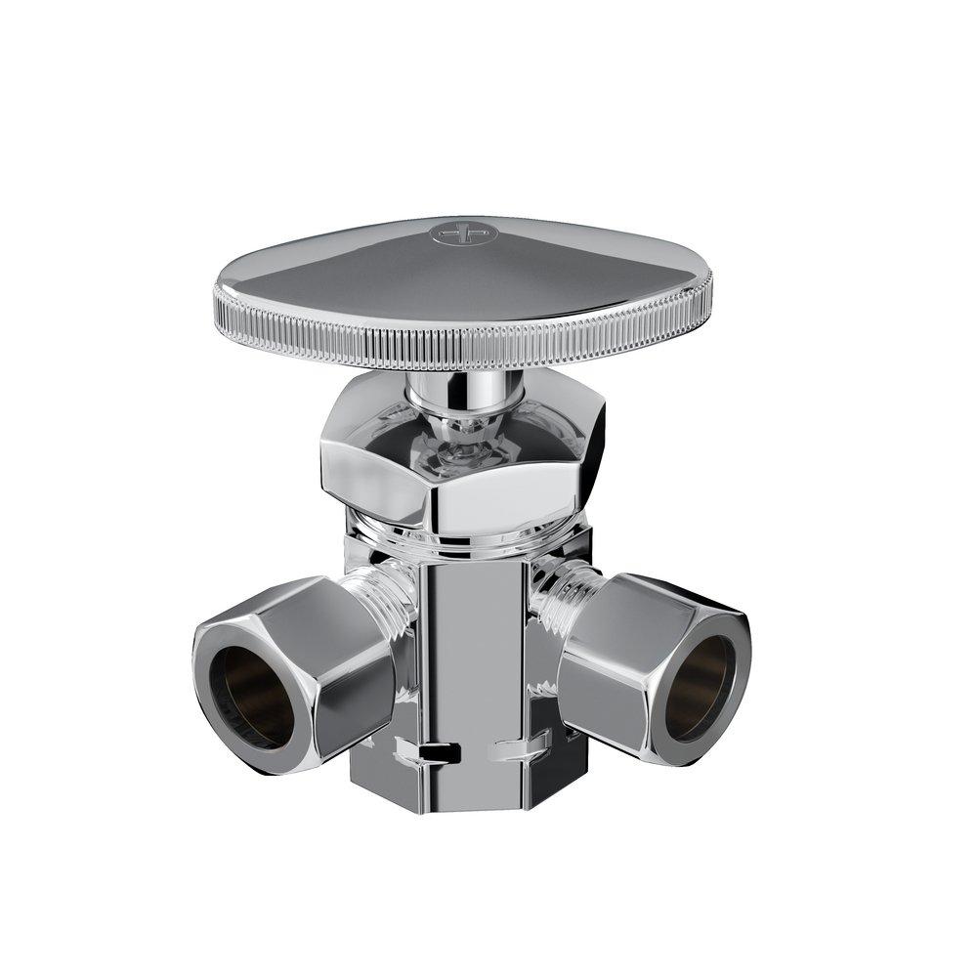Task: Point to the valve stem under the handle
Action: [464, 395]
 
